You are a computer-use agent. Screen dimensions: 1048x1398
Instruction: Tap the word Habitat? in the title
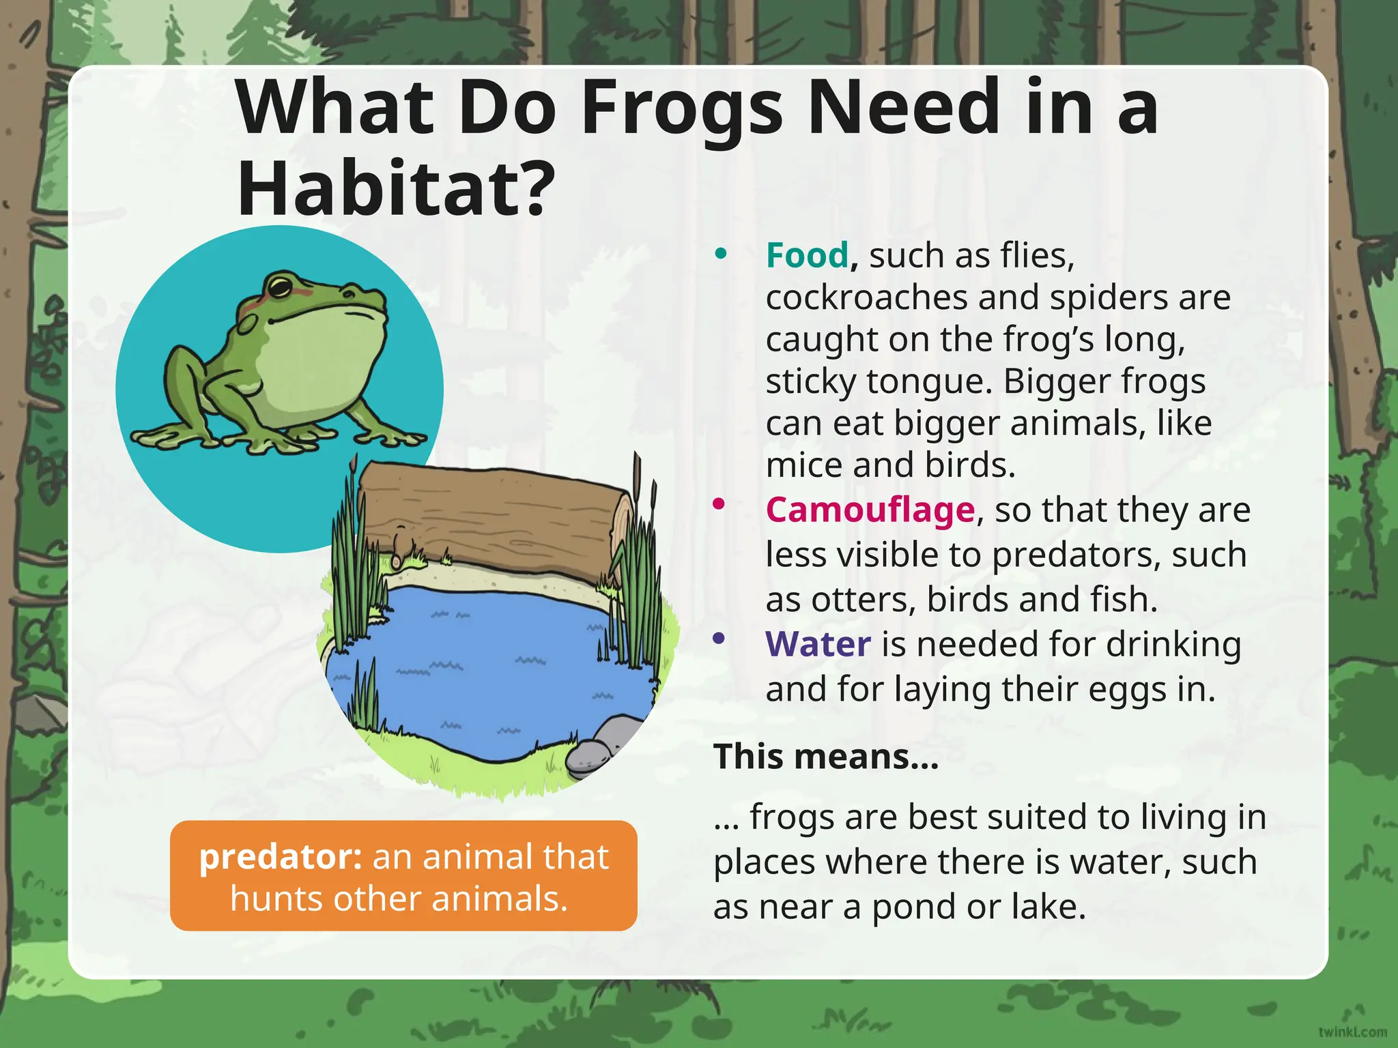tap(395, 188)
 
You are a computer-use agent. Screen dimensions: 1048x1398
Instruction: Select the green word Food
tap(807, 255)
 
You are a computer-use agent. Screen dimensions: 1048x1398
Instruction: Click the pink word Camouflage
tap(870, 510)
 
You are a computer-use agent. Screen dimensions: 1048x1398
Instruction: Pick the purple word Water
tap(818, 644)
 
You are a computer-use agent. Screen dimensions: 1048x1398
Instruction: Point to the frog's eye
tap(279, 287)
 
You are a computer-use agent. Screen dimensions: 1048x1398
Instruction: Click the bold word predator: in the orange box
tap(281, 857)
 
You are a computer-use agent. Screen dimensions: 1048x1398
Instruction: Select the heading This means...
tap(826, 757)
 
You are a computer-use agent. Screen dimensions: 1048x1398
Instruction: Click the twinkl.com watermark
tap(1352, 1032)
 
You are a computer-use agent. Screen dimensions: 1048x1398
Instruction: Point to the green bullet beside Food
tap(720, 254)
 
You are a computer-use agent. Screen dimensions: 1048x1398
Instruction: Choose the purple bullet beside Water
tap(718, 639)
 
